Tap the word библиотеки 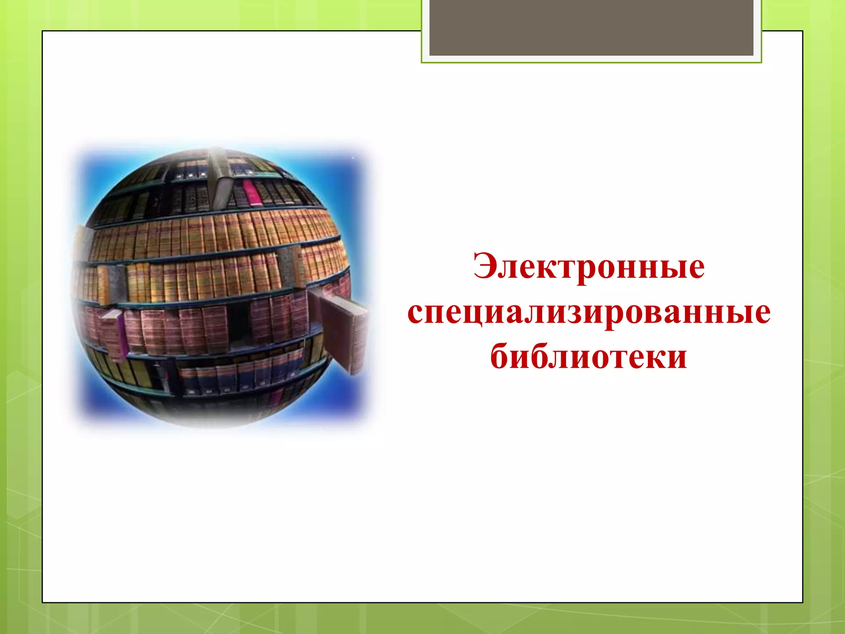coord(589,356)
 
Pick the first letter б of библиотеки coord(500,355)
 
